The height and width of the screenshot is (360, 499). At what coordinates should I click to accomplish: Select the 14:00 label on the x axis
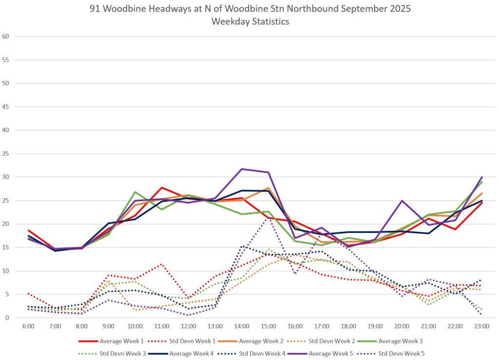pyautogui.click(x=242, y=325)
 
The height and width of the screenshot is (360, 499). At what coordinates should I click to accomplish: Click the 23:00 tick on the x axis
pyautogui.click(x=481, y=325)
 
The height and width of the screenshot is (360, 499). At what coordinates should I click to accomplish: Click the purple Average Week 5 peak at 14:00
pyautogui.click(x=242, y=169)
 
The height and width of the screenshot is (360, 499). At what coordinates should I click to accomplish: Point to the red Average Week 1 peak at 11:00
pyautogui.click(x=162, y=188)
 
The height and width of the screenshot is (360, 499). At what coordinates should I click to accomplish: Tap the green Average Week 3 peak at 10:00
pyautogui.click(x=135, y=192)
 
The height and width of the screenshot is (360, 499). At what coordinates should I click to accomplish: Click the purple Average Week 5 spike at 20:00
pyautogui.click(x=402, y=201)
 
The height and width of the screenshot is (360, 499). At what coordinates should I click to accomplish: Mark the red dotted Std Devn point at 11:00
pyautogui.click(x=162, y=264)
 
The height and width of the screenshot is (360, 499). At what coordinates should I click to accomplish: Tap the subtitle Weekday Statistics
pyautogui.click(x=250, y=21)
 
